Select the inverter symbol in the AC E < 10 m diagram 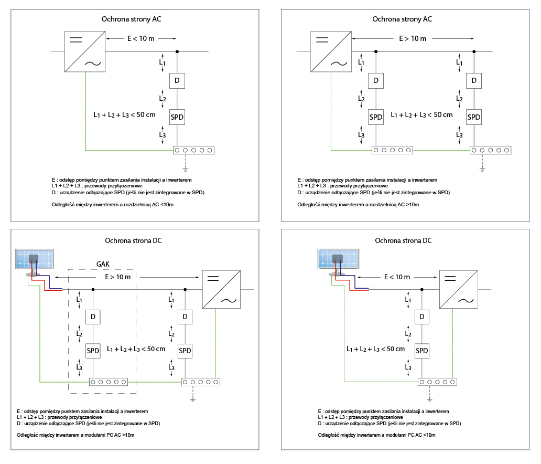tap(85, 51)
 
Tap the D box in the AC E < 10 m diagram tap(178, 81)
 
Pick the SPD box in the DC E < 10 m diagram tap(421, 351)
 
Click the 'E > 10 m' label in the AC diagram tap(413, 39)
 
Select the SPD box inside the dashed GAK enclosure tap(93, 351)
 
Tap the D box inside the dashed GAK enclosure tap(93, 317)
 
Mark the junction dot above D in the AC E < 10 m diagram tap(178, 51)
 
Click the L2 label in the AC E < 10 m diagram tap(163, 99)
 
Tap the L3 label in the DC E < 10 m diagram tap(407, 367)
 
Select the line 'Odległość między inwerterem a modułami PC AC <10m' tap(376, 435)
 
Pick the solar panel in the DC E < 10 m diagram tap(339, 259)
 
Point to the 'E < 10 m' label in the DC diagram tap(396, 277)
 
